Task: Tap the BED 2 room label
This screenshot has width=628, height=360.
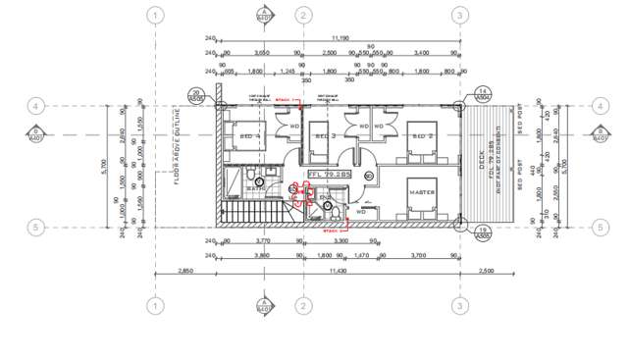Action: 423,135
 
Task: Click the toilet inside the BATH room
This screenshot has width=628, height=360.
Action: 252,179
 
